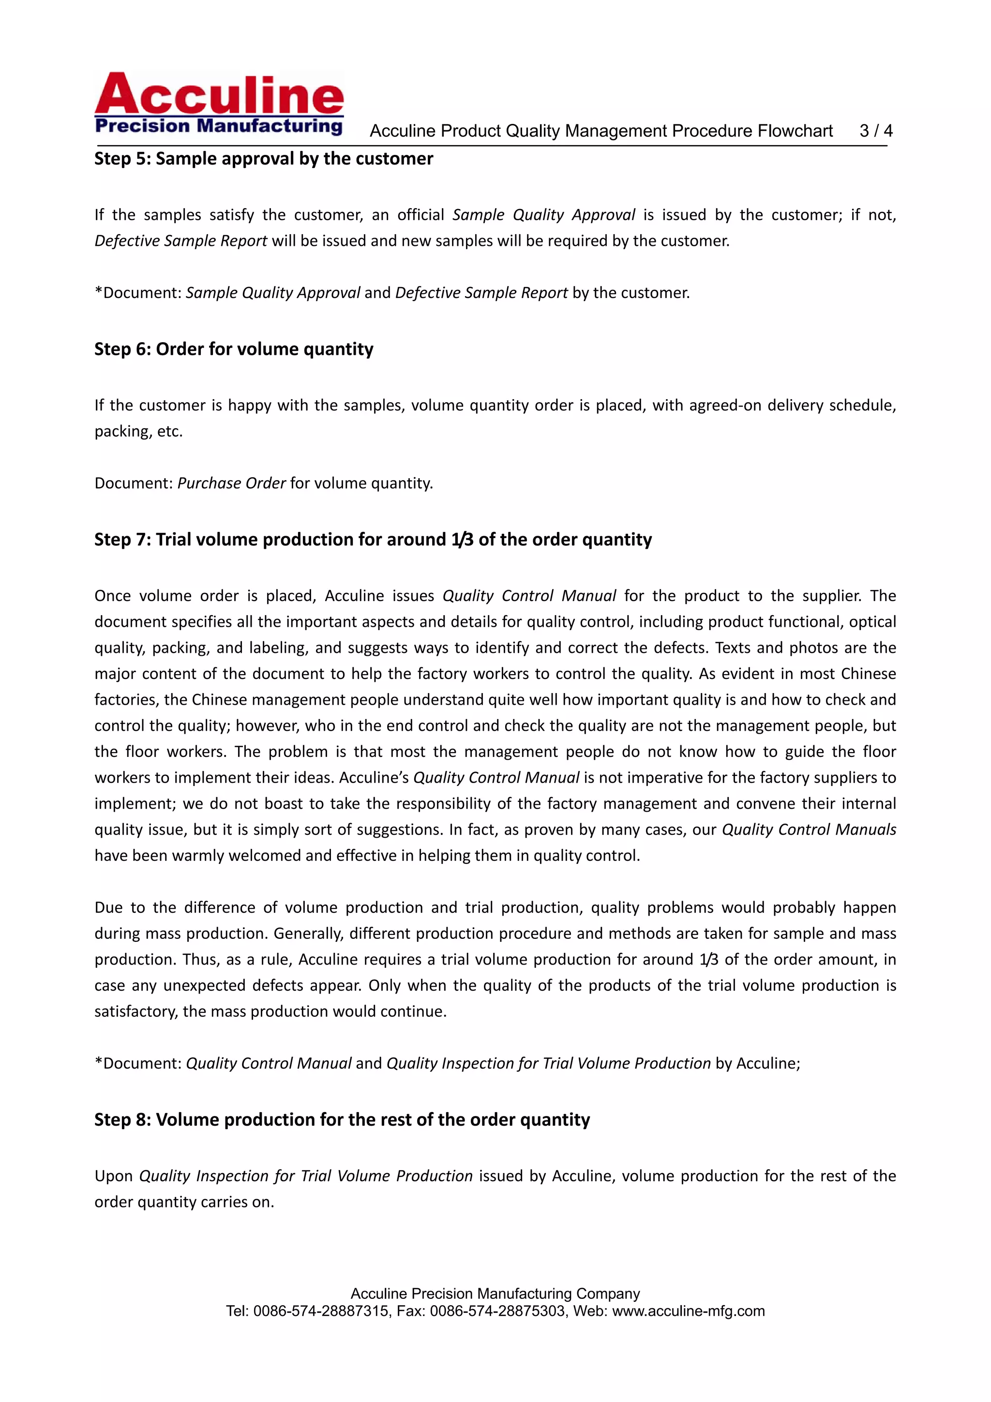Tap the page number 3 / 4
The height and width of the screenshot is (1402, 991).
click(876, 131)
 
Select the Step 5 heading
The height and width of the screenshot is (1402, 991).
click(263, 159)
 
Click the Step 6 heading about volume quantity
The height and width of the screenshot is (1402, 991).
click(233, 349)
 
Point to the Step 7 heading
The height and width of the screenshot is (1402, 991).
click(373, 540)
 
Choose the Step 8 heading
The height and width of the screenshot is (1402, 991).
click(342, 1119)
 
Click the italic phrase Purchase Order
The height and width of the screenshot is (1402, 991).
click(231, 483)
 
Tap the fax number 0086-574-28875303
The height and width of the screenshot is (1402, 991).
click(497, 1311)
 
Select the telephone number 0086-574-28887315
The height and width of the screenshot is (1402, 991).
click(320, 1311)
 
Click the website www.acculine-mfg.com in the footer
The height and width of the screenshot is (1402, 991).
click(688, 1311)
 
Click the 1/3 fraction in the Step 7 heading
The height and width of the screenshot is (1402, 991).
click(462, 540)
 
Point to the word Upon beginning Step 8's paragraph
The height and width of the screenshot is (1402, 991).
click(114, 1176)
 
